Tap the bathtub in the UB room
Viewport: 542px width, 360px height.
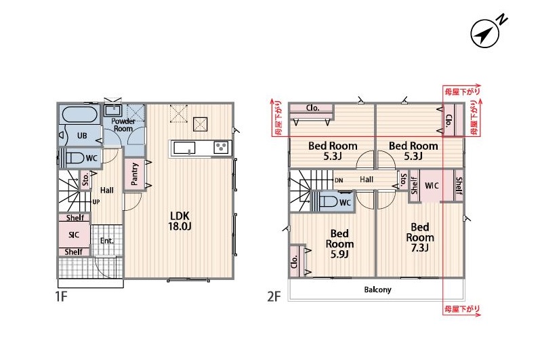pyautogui.click(x=79, y=115)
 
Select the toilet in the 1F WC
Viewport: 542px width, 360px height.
pyautogui.click(x=75, y=158)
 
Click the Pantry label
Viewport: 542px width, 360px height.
pyautogui.click(x=134, y=174)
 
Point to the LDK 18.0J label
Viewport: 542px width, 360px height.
pyautogui.click(x=180, y=221)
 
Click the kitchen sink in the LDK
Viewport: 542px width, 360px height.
pyautogui.click(x=184, y=148)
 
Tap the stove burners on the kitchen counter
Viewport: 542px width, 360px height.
pyautogui.click(x=221, y=148)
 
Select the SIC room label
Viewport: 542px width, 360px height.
pyautogui.click(x=74, y=235)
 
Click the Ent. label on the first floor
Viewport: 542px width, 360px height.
pyautogui.click(x=107, y=241)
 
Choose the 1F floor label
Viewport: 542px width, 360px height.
pyautogui.click(x=61, y=296)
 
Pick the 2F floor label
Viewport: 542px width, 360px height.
pyautogui.click(x=274, y=296)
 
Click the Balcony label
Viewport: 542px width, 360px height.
pyautogui.click(x=377, y=289)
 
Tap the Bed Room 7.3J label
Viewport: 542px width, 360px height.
pyautogui.click(x=420, y=237)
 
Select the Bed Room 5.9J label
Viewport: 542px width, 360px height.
pyautogui.click(x=339, y=244)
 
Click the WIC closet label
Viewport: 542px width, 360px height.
pyautogui.click(x=432, y=186)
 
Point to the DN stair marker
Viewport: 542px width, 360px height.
pyautogui.click(x=339, y=180)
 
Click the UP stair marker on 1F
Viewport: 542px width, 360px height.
pyautogui.click(x=96, y=201)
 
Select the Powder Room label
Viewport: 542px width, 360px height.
pyautogui.click(x=123, y=125)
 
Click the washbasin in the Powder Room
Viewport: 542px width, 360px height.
pyautogui.click(x=112, y=110)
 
